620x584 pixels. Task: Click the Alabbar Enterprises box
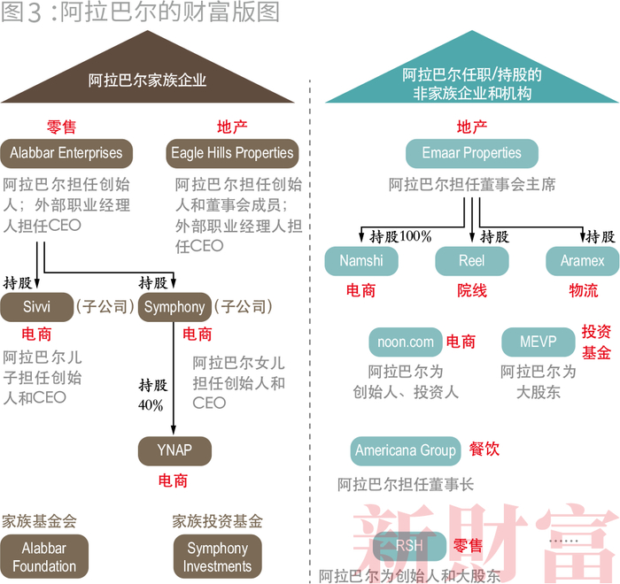(66, 153)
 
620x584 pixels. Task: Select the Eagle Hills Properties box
(232, 153)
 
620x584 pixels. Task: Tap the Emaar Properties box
(471, 153)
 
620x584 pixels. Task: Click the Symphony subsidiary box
(174, 307)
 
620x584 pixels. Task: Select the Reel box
(472, 261)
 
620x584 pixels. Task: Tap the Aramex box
(582, 261)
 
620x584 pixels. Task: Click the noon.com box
(407, 342)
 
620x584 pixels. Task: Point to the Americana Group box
(406, 450)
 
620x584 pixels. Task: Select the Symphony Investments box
(217, 557)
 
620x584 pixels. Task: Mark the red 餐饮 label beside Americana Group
(484, 450)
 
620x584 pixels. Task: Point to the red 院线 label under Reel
(472, 290)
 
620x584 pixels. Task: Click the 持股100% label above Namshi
(400, 236)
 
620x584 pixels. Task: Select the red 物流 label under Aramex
(583, 290)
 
